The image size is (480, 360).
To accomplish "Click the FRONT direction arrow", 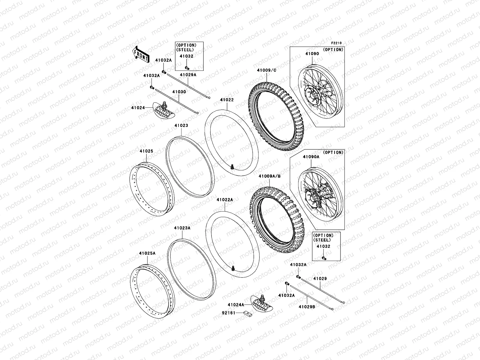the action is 141,54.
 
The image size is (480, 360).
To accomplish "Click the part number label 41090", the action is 312,54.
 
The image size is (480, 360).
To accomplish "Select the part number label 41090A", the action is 311,157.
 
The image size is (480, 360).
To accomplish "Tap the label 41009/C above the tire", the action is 267,70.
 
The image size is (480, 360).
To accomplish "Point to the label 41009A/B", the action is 269,176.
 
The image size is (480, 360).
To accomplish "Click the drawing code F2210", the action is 336,43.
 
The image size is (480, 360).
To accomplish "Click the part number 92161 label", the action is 229,313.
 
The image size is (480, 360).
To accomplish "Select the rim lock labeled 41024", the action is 164,111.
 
